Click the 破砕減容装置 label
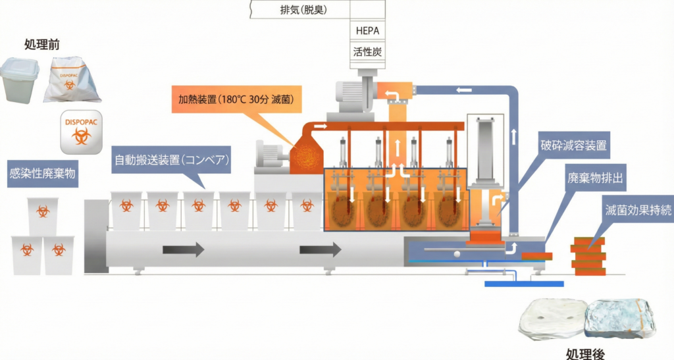[x=573, y=145]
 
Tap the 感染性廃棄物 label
[x=43, y=174]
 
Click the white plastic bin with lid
[x=20, y=80]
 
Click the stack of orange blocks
[x=588, y=255]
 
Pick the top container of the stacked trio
[x=43, y=214]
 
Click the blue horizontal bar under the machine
[x=524, y=283]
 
